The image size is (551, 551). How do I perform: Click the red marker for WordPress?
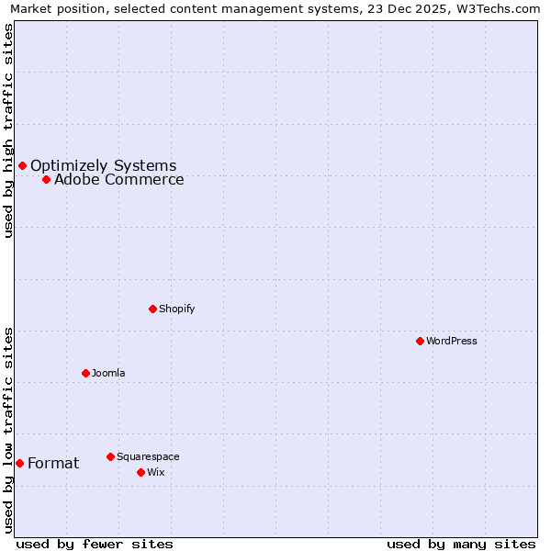(420, 341)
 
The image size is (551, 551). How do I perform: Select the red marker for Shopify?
(152, 309)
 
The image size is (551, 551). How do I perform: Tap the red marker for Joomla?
(85, 373)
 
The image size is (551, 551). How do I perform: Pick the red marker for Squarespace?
(110, 456)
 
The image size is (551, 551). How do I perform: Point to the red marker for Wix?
(141, 472)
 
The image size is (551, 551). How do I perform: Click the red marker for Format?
(19, 463)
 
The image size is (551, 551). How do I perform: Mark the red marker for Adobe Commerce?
(46, 179)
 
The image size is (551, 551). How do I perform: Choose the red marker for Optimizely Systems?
(22, 165)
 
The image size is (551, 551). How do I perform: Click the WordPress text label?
(452, 341)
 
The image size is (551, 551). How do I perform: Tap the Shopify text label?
(177, 309)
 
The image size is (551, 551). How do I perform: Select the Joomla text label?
(108, 373)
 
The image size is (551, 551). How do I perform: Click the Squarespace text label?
(148, 456)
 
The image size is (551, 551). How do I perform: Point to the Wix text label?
(156, 472)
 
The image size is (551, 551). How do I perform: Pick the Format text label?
(53, 463)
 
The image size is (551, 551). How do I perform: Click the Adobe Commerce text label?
(119, 179)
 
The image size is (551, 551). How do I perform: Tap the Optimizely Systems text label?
(104, 165)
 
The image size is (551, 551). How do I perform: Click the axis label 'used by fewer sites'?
(95, 544)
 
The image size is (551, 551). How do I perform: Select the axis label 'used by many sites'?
(461, 544)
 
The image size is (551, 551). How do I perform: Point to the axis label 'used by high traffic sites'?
(9, 130)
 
